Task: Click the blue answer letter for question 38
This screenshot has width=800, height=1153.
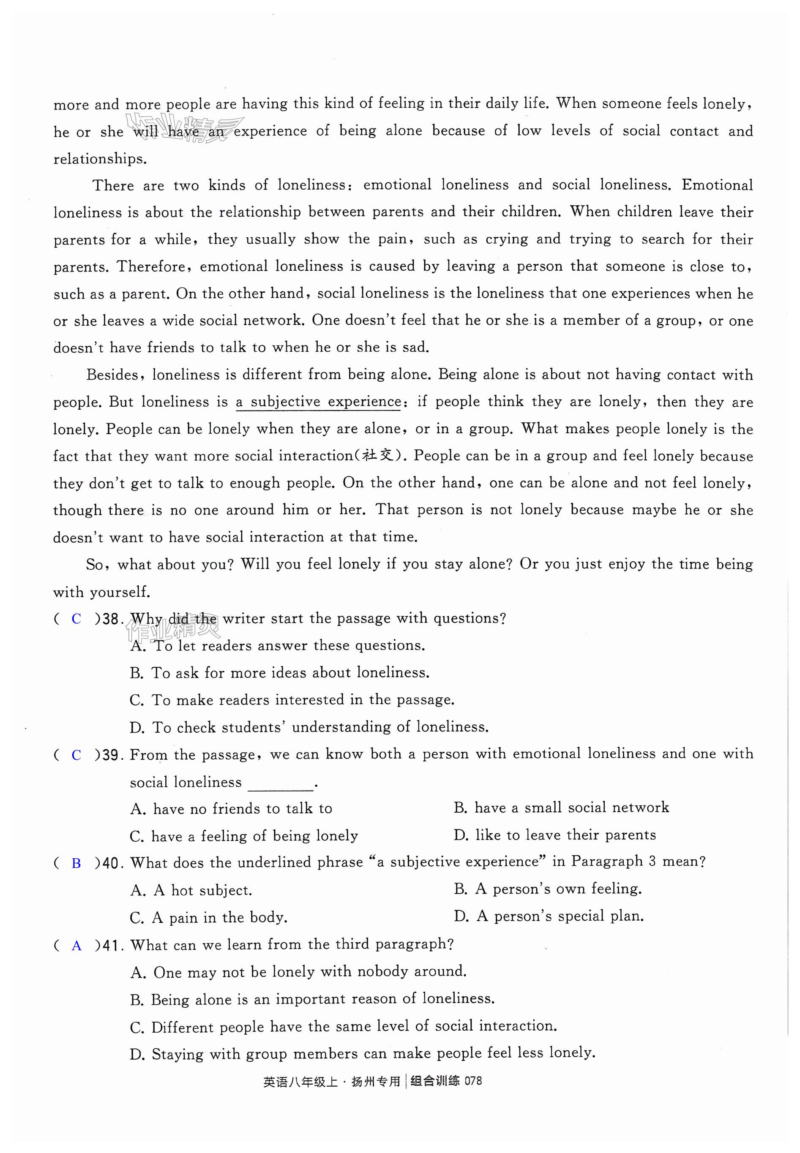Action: coord(76,619)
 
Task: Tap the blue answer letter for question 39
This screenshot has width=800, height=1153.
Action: coord(76,755)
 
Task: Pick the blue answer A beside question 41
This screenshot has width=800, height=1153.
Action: coord(76,946)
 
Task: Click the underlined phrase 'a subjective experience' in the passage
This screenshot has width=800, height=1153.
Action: coord(318,402)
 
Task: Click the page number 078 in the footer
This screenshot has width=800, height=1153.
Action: coord(473,1081)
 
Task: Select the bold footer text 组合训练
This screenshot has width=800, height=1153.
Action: coord(434,1081)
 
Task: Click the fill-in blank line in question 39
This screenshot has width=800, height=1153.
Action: coord(280,783)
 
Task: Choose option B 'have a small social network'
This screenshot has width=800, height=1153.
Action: coord(561,808)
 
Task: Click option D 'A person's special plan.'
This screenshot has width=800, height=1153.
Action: coord(549,916)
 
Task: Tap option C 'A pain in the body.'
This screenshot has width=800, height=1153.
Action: coord(208,918)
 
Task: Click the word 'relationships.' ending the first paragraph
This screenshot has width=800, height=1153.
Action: coord(100,159)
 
